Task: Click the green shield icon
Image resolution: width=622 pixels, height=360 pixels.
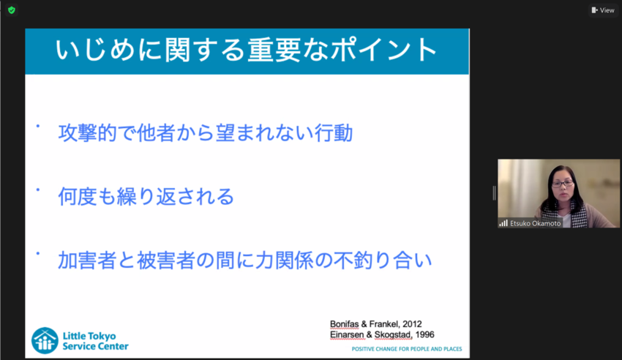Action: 11,10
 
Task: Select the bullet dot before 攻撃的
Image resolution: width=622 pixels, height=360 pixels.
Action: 37,127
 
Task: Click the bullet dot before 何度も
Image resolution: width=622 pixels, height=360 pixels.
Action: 37,190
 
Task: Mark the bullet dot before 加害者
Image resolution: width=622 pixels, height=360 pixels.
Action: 37,253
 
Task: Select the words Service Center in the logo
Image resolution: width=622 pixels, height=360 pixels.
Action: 95,346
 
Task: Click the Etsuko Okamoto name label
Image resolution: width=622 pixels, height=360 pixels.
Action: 531,223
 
